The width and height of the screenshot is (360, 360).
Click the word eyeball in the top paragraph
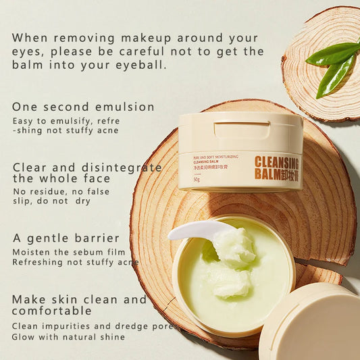click(x=142, y=66)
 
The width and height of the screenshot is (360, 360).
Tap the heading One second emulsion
click(x=83, y=107)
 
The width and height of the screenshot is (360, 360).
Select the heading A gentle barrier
click(x=66, y=238)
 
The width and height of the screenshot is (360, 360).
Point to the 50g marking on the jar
click(x=197, y=180)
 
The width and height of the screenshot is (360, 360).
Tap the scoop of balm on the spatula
click(x=233, y=247)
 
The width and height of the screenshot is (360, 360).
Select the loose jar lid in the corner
click(x=314, y=324)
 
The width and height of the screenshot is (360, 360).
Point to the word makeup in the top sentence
click(x=148, y=37)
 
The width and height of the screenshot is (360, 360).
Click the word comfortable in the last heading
click(x=51, y=311)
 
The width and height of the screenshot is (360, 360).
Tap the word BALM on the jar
click(x=267, y=174)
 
